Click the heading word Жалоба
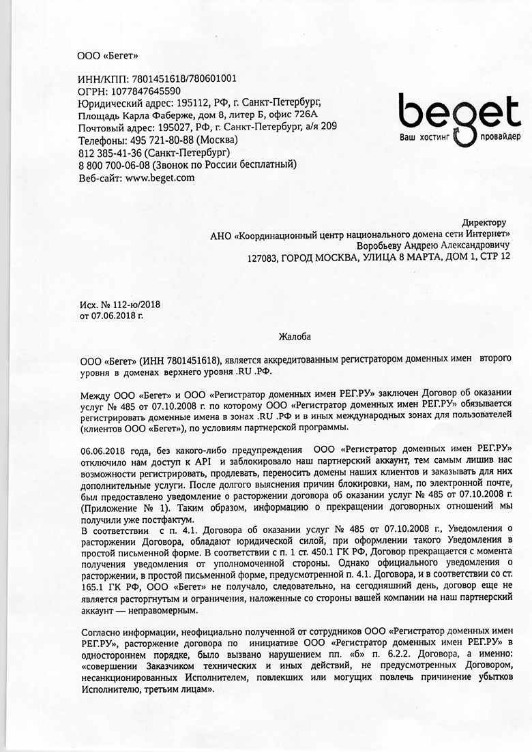(293, 335)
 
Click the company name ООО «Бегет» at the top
(108, 55)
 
